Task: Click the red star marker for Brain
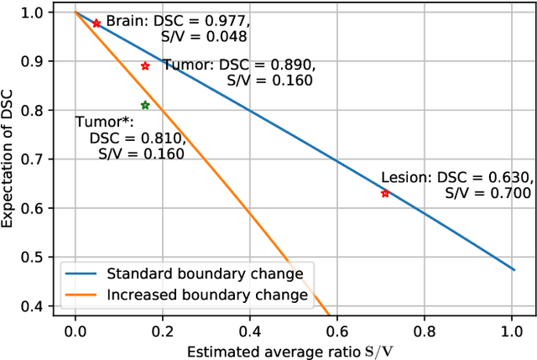(x=96, y=23)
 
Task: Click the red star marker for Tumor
(x=145, y=65)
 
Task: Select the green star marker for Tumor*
(x=145, y=105)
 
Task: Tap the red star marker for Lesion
(x=385, y=193)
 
